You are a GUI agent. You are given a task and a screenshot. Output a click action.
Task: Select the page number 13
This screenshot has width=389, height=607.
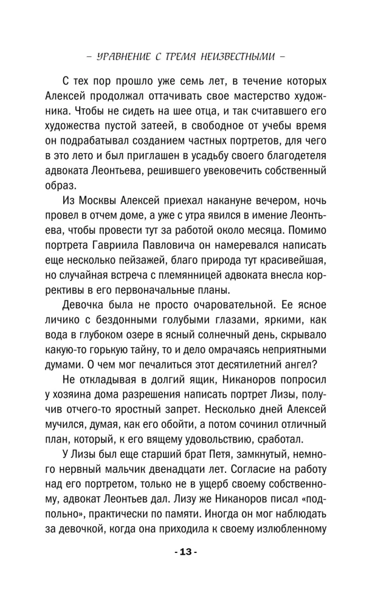(x=194, y=569)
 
